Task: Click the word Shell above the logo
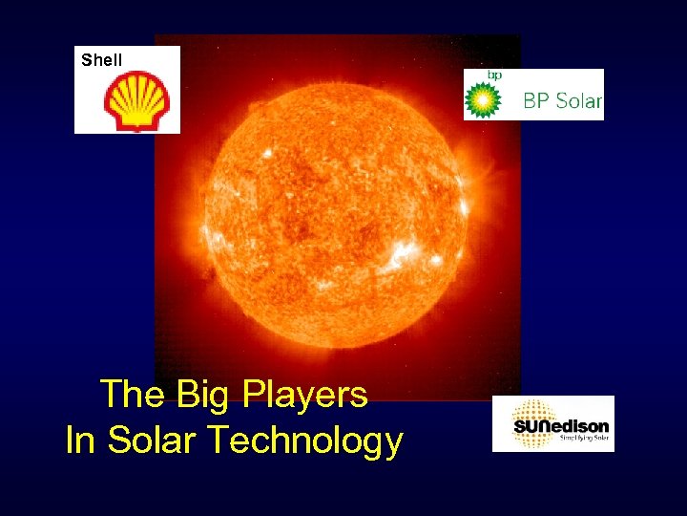[102, 60]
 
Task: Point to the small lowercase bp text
[494, 75]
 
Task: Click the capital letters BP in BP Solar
[536, 100]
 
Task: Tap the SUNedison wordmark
[561, 425]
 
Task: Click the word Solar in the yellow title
[153, 441]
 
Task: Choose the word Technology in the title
[304, 441]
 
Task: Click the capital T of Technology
[216, 441]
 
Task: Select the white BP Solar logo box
[534, 95]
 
